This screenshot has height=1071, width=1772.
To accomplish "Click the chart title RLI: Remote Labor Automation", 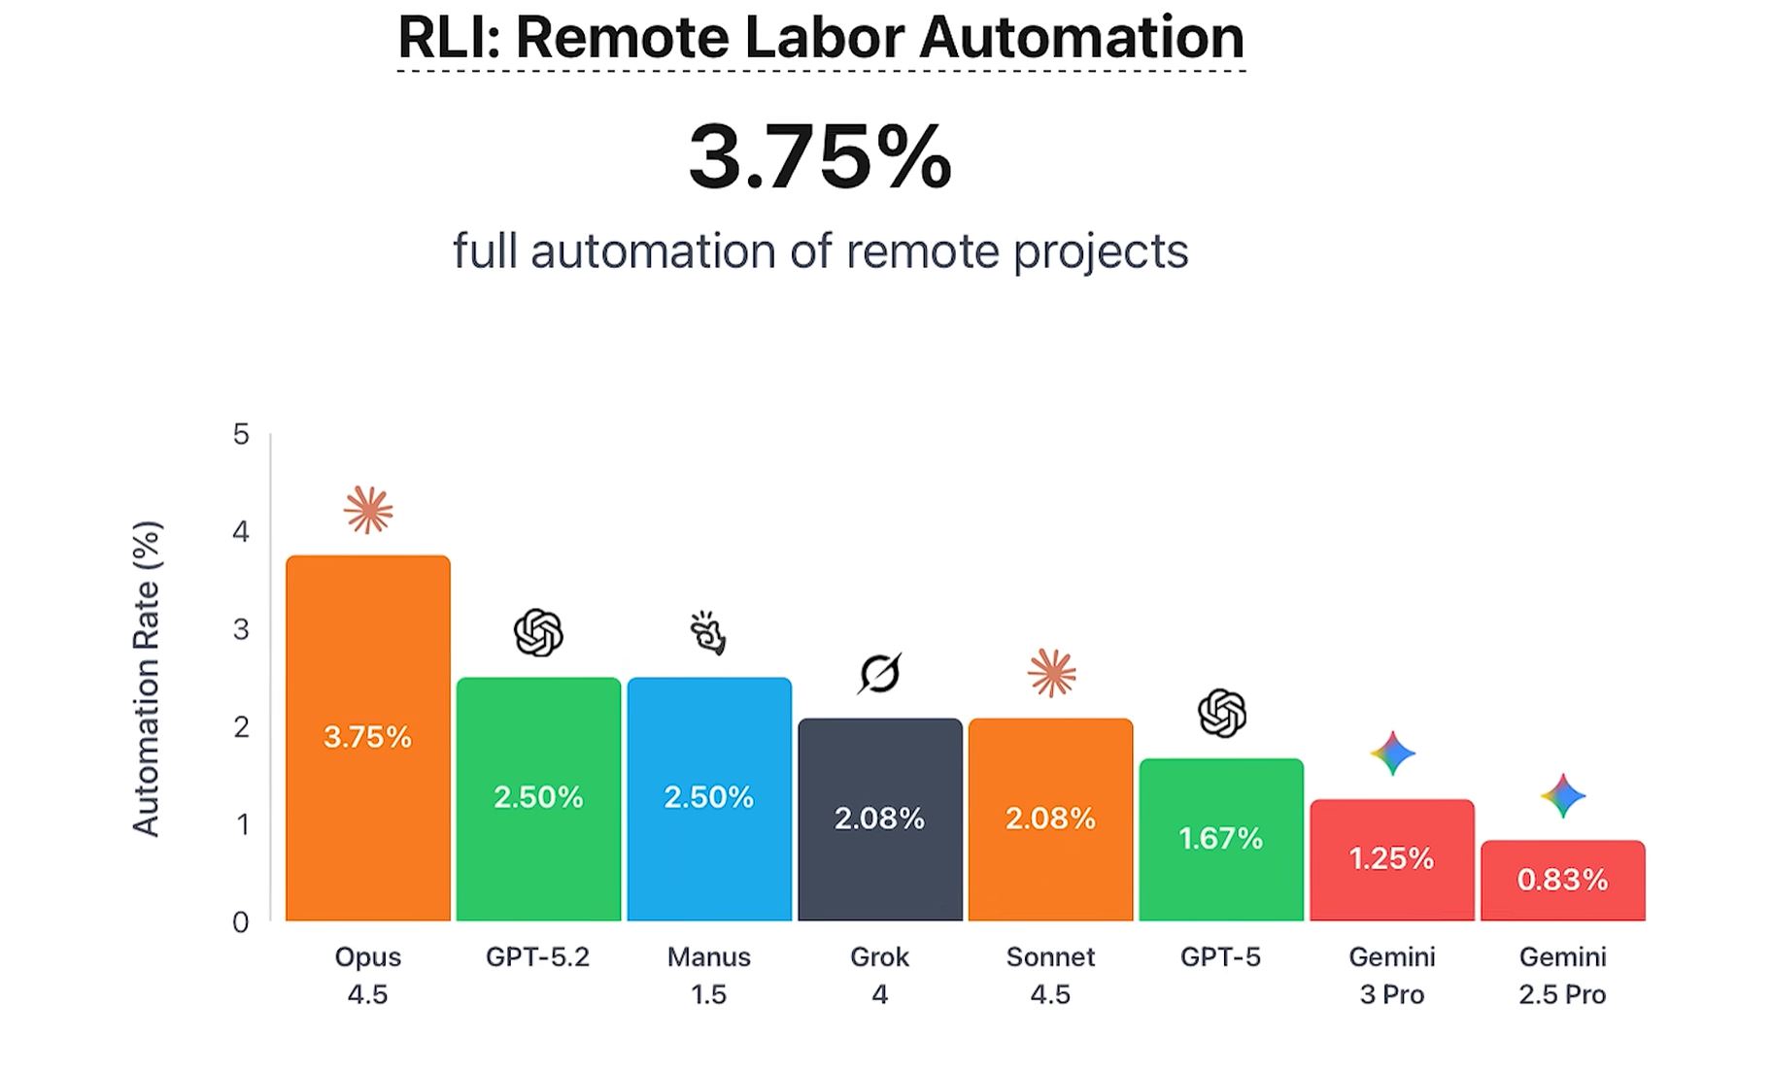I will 820,39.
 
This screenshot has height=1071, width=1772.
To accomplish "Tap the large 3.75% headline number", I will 820,156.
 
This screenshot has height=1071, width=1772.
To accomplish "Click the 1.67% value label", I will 1221,838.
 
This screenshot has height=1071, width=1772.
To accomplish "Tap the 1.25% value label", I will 1391,858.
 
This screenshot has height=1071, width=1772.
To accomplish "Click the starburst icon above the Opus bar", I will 368,510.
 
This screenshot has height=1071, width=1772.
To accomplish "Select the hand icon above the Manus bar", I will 708,633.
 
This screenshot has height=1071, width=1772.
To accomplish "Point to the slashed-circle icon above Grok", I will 880,673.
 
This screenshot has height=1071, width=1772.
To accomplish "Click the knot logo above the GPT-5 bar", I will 1221,713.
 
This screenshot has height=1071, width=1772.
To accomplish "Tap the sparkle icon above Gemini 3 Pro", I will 1392,753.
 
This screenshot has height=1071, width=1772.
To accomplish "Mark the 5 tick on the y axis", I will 241,434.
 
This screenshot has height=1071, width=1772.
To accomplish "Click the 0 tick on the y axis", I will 241,921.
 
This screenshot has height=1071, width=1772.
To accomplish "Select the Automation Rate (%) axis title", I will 146,679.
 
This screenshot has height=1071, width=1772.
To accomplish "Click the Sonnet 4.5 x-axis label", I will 1050,975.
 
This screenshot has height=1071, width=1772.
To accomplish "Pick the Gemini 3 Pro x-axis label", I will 1391,975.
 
